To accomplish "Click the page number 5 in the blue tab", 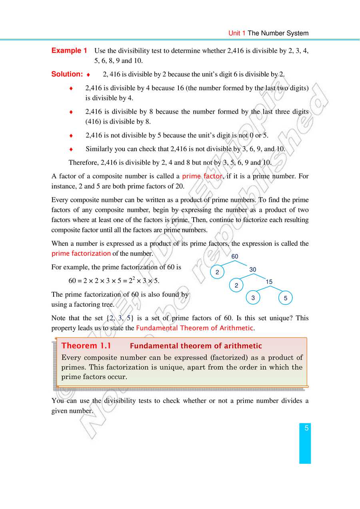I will (306, 429).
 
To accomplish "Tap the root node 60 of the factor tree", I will (235, 256).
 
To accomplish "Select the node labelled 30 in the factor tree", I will (253, 270).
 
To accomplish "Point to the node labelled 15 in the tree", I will (269, 282).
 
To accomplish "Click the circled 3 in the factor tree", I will (253, 298).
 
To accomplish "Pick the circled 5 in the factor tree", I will (286, 298).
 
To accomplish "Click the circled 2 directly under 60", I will (217, 272).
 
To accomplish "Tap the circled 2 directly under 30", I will (236, 285).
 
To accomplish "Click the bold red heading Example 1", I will (69, 51).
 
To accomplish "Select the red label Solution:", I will (67, 74).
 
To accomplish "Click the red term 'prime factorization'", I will (81, 254).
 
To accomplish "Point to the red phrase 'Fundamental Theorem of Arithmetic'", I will (194, 328).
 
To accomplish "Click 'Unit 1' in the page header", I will (237, 33).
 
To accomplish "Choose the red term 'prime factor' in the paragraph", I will (202, 176).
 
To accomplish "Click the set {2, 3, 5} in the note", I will (120, 318).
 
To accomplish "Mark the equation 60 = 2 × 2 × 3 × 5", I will (114, 281).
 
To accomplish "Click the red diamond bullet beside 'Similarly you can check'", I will (71, 149).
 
